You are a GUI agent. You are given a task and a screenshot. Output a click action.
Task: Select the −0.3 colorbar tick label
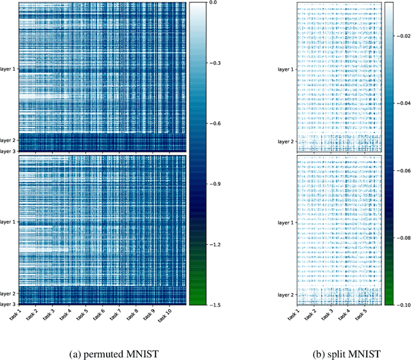(x=215, y=63)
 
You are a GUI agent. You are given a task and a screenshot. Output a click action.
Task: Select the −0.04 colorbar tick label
(x=401, y=102)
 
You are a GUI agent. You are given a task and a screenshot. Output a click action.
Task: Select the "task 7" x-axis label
(x=118, y=315)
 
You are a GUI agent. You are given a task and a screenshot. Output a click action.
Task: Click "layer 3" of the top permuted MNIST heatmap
(x=9, y=150)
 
